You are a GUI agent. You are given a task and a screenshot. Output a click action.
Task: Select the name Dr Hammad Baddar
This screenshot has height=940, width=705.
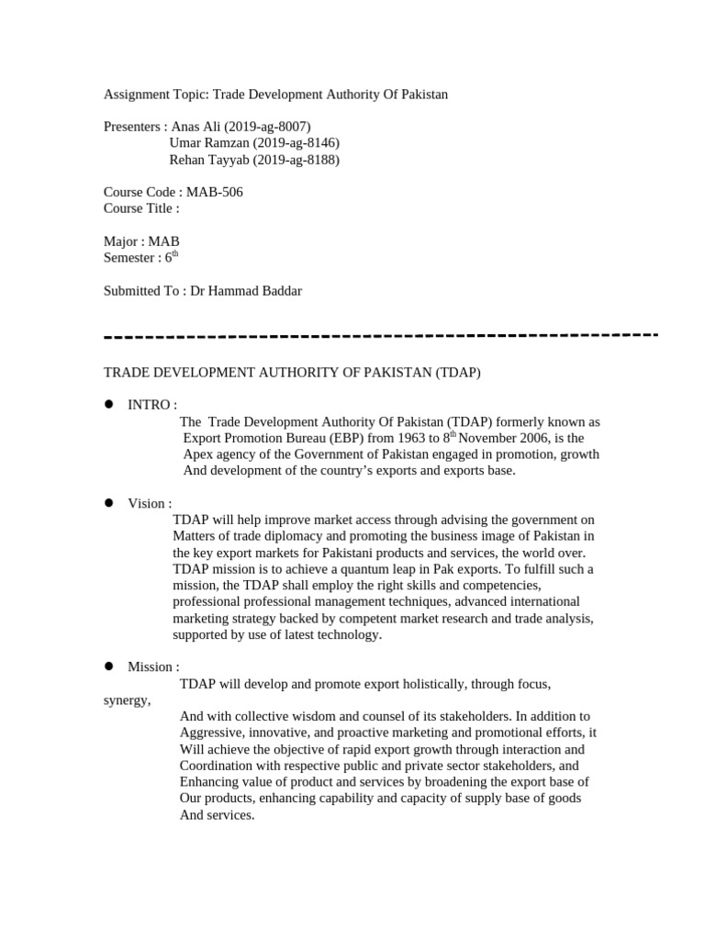point(245,291)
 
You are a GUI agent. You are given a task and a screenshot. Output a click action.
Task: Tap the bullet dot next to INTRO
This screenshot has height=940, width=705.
point(108,404)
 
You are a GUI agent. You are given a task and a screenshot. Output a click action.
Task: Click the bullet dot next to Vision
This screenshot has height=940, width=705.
point(108,502)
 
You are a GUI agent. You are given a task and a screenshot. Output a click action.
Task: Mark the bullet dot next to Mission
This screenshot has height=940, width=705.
point(108,666)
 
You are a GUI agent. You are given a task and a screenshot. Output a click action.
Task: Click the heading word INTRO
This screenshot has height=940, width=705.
point(149,405)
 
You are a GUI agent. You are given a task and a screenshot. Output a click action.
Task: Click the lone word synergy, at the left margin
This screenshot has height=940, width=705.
point(127,700)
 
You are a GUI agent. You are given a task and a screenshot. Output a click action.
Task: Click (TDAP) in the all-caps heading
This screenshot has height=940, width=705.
point(457,373)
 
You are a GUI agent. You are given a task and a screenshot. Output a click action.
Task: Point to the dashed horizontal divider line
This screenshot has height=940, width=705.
point(381,336)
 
